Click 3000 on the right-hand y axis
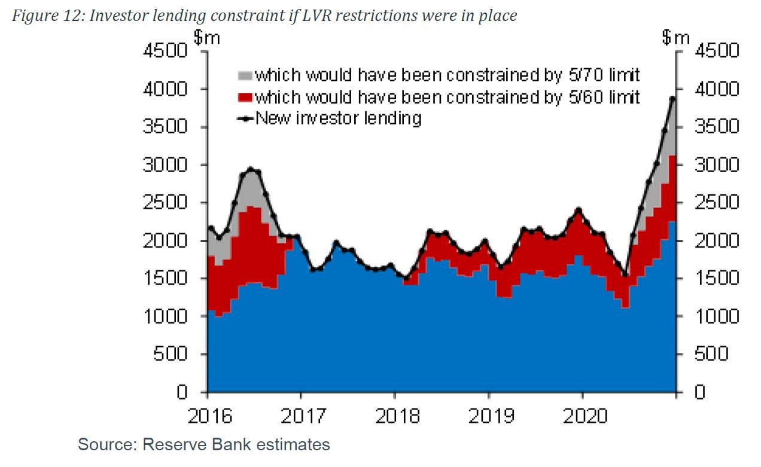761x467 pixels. tap(716, 165)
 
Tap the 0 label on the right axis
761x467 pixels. tap(699, 392)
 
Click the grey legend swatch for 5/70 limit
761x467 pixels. tap(245, 76)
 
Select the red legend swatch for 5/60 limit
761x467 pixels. tap(245, 97)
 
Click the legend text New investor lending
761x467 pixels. tap(339, 118)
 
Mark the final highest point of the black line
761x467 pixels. tap(672, 99)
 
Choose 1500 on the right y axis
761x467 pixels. tap(716, 279)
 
